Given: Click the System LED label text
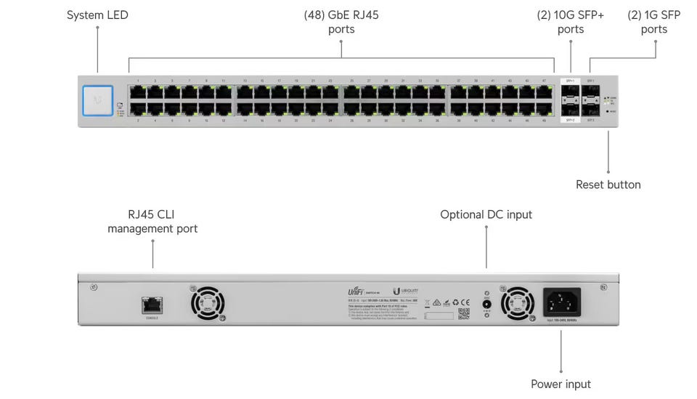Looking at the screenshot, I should [x=97, y=15].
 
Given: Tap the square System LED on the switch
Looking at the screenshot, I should [x=99, y=100].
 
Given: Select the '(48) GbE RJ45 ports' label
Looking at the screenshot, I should [x=341, y=22].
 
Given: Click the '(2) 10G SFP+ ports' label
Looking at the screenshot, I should [x=571, y=22].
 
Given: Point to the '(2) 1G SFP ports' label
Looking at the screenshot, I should [x=653, y=22].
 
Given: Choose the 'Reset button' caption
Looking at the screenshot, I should [x=608, y=185].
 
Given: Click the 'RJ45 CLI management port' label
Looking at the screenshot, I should [x=152, y=221].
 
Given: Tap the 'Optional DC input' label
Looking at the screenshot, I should [x=486, y=214].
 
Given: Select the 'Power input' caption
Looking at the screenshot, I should [x=561, y=384].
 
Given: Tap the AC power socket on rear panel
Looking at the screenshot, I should [x=562, y=301].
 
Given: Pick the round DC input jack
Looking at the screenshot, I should [x=486, y=303].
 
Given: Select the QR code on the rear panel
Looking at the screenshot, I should [x=464, y=313].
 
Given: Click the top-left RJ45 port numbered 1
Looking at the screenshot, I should [x=137, y=92].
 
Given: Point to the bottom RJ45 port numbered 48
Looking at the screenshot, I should [x=544, y=108].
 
